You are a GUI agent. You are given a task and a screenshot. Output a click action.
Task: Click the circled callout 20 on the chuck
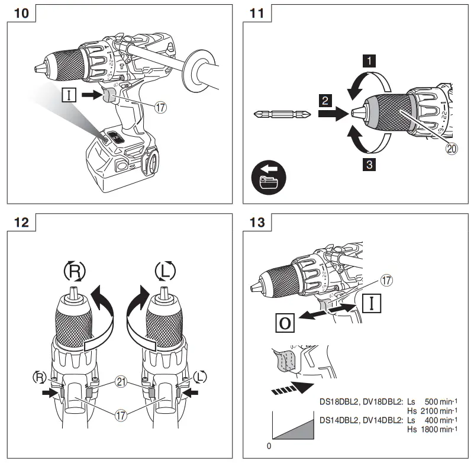pyautogui.click(x=452, y=150)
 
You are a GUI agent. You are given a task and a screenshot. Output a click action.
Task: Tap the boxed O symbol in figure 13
pyautogui.click(x=285, y=324)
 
